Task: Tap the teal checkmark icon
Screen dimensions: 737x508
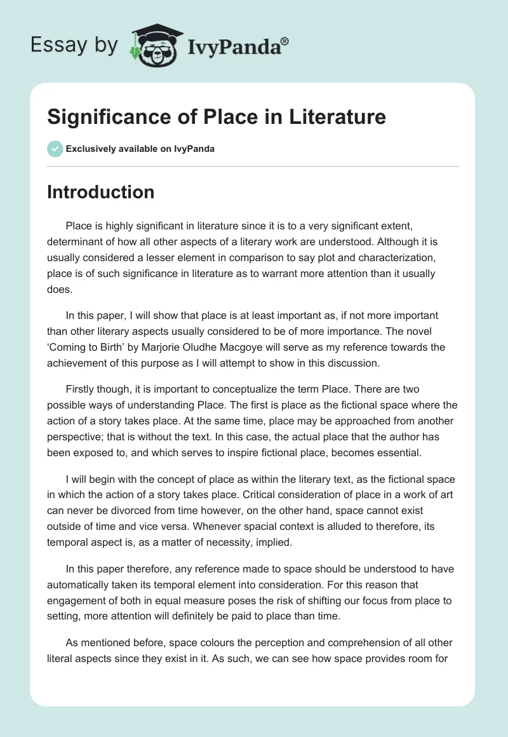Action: [x=55, y=149]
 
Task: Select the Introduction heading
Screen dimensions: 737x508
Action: [x=100, y=192]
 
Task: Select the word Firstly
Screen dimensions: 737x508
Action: [x=83, y=389]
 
